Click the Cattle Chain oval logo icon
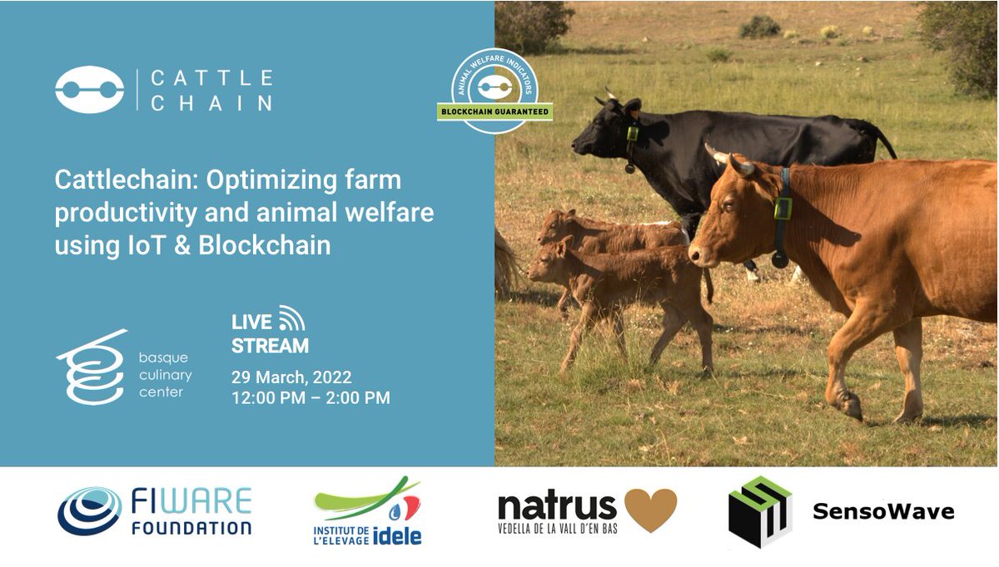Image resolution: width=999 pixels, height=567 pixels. (89, 90)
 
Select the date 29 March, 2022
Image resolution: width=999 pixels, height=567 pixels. (291, 377)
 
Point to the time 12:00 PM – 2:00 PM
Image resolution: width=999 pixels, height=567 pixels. (311, 398)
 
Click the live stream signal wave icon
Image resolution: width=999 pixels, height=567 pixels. (291, 318)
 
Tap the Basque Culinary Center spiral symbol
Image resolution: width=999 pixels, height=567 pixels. (90, 367)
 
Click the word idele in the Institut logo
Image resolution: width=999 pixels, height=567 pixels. (398, 535)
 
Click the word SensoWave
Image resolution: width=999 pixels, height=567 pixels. (883, 511)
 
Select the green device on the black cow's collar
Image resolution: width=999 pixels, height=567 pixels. (633, 134)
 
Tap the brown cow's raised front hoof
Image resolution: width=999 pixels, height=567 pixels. (849, 406)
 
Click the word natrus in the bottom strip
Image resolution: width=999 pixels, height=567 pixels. (557, 506)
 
